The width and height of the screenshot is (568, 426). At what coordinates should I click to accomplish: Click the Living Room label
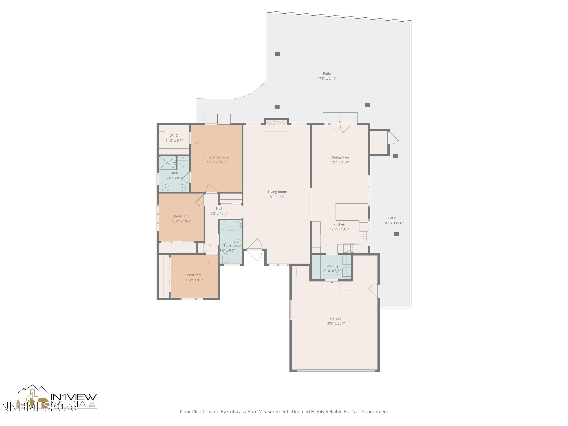click(277, 192)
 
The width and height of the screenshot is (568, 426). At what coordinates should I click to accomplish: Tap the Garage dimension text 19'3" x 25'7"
click(336, 323)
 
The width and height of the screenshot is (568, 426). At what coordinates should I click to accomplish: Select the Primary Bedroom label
click(216, 157)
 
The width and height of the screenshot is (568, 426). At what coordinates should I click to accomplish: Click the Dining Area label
click(339, 157)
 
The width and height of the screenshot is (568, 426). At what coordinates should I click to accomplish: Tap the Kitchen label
click(339, 224)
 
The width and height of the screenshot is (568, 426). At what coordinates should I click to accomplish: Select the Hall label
click(219, 208)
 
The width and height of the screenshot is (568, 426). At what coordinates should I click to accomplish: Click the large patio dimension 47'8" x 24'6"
click(327, 79)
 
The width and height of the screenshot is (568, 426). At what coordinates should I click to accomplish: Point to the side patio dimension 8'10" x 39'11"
click(392, 223)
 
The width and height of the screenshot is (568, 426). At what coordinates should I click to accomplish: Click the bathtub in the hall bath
click(231, 226)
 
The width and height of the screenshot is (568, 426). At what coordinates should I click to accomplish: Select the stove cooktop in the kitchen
click(349, 248)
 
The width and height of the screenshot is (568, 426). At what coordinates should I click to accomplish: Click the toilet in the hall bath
click(225, 257)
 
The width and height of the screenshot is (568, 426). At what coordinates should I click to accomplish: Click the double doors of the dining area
click(340, 128)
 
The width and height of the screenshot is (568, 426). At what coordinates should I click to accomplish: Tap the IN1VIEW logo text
click(74, 397)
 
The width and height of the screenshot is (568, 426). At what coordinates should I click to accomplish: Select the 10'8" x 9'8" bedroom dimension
click(194, 280)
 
